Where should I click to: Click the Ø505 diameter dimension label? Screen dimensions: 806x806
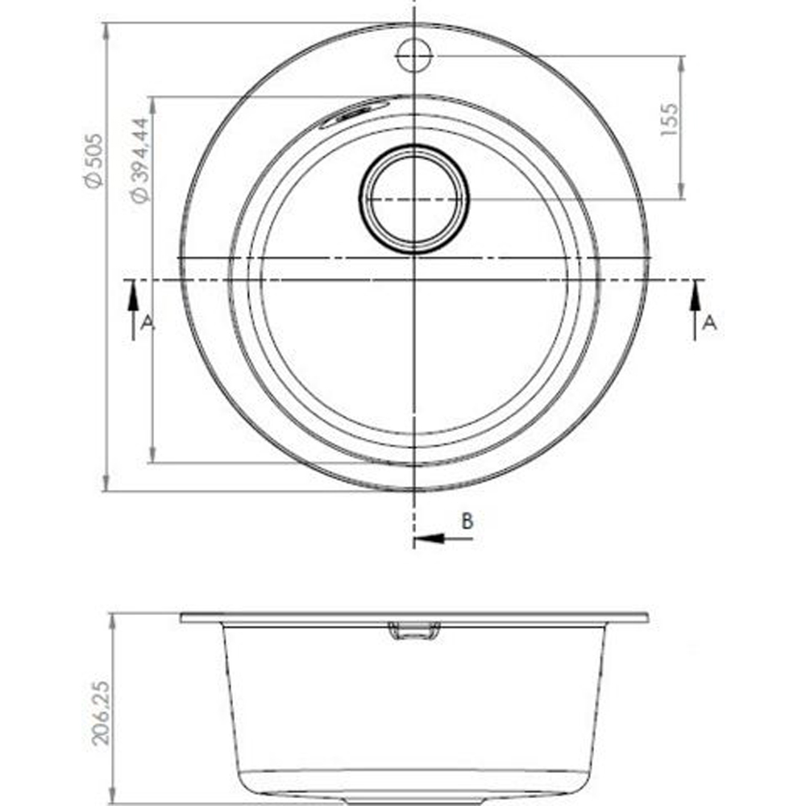(95, 161)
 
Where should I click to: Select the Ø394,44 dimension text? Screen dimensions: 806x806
(139, 160)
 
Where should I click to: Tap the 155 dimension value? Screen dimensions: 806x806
(669, 120)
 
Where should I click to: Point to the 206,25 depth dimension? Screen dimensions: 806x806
(101, 713)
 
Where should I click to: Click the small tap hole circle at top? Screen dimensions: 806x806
(414, 55)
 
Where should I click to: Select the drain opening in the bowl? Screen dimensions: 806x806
(413, 199)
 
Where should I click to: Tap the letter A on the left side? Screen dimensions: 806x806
(147, 323)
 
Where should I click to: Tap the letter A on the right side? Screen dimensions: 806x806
(709, 323)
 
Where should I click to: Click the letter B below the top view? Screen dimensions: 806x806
(467, 521)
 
